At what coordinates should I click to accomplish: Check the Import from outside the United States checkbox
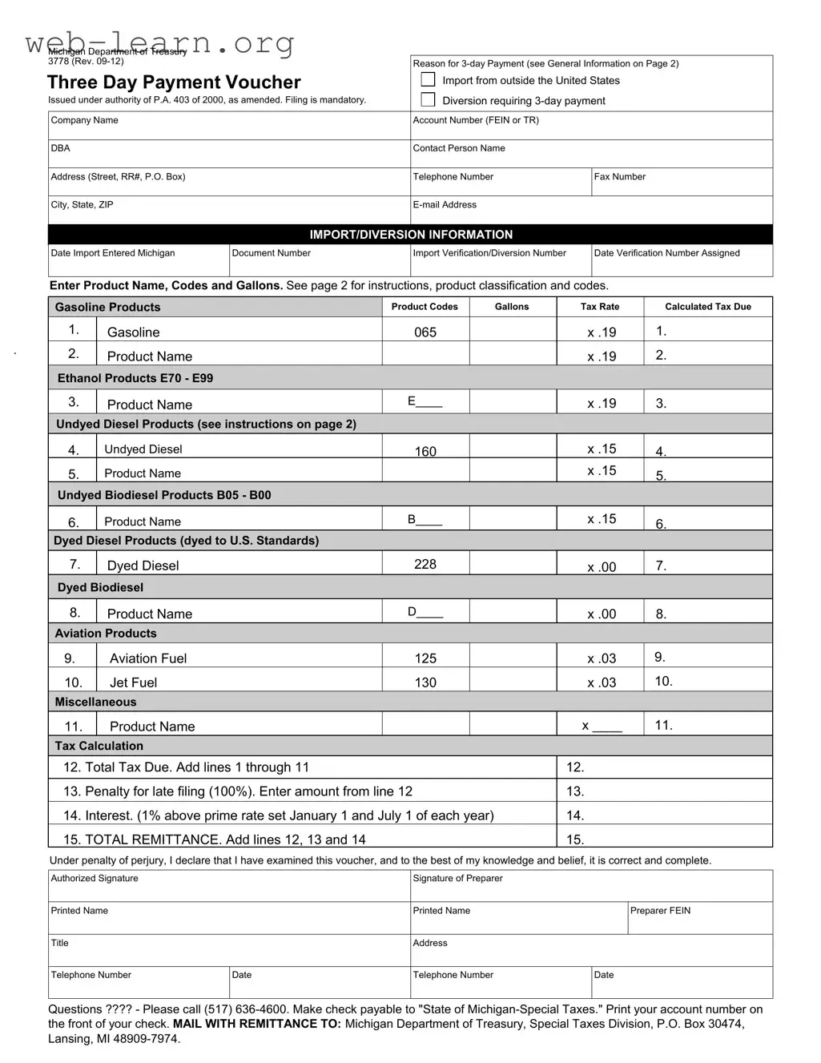(429, 80)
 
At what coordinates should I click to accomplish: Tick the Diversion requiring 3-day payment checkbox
(429, 100)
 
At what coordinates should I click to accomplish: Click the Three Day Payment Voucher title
(174, 83)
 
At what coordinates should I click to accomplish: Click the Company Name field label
(84, 120)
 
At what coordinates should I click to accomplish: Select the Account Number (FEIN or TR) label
(476, 120)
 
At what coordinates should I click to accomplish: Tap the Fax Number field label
(619, 177)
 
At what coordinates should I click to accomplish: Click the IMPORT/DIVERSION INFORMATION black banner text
(411, 235)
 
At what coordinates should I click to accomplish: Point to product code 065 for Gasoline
(425, 332)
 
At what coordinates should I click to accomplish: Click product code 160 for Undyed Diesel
(425, 452)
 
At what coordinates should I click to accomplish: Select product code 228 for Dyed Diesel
(425, 565)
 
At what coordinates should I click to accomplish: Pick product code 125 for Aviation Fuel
(425, 658)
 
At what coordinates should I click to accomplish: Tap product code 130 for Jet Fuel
(425, 682)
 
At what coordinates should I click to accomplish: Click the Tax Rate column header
(600, 307)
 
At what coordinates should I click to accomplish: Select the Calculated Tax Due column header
(708, 307)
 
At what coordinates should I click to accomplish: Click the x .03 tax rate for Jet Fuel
(602, 683)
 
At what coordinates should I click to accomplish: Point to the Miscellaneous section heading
(95, 703)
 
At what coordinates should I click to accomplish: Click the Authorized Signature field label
(95, 879)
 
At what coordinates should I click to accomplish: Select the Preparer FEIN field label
(660, 911)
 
